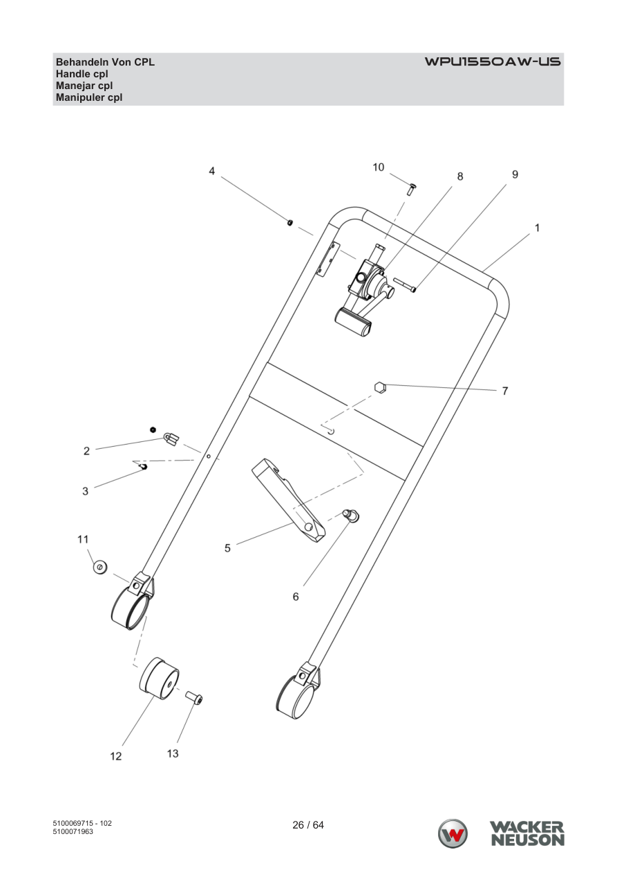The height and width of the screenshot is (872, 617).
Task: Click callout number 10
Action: click(x=378, y=167)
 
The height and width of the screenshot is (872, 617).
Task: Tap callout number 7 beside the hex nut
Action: click(x=505, y=391)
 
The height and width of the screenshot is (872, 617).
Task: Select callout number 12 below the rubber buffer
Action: click(x=116, y=756)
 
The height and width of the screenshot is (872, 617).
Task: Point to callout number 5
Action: click(x=227, y=548)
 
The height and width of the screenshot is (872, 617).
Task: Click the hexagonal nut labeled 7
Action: click(x=380, y=387)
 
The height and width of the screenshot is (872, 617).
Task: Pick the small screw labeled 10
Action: click(x=410, y=190)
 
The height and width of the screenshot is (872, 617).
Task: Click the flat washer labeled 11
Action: click(x=100, y=567)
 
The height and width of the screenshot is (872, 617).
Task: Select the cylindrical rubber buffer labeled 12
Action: click(x=159, y=679)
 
